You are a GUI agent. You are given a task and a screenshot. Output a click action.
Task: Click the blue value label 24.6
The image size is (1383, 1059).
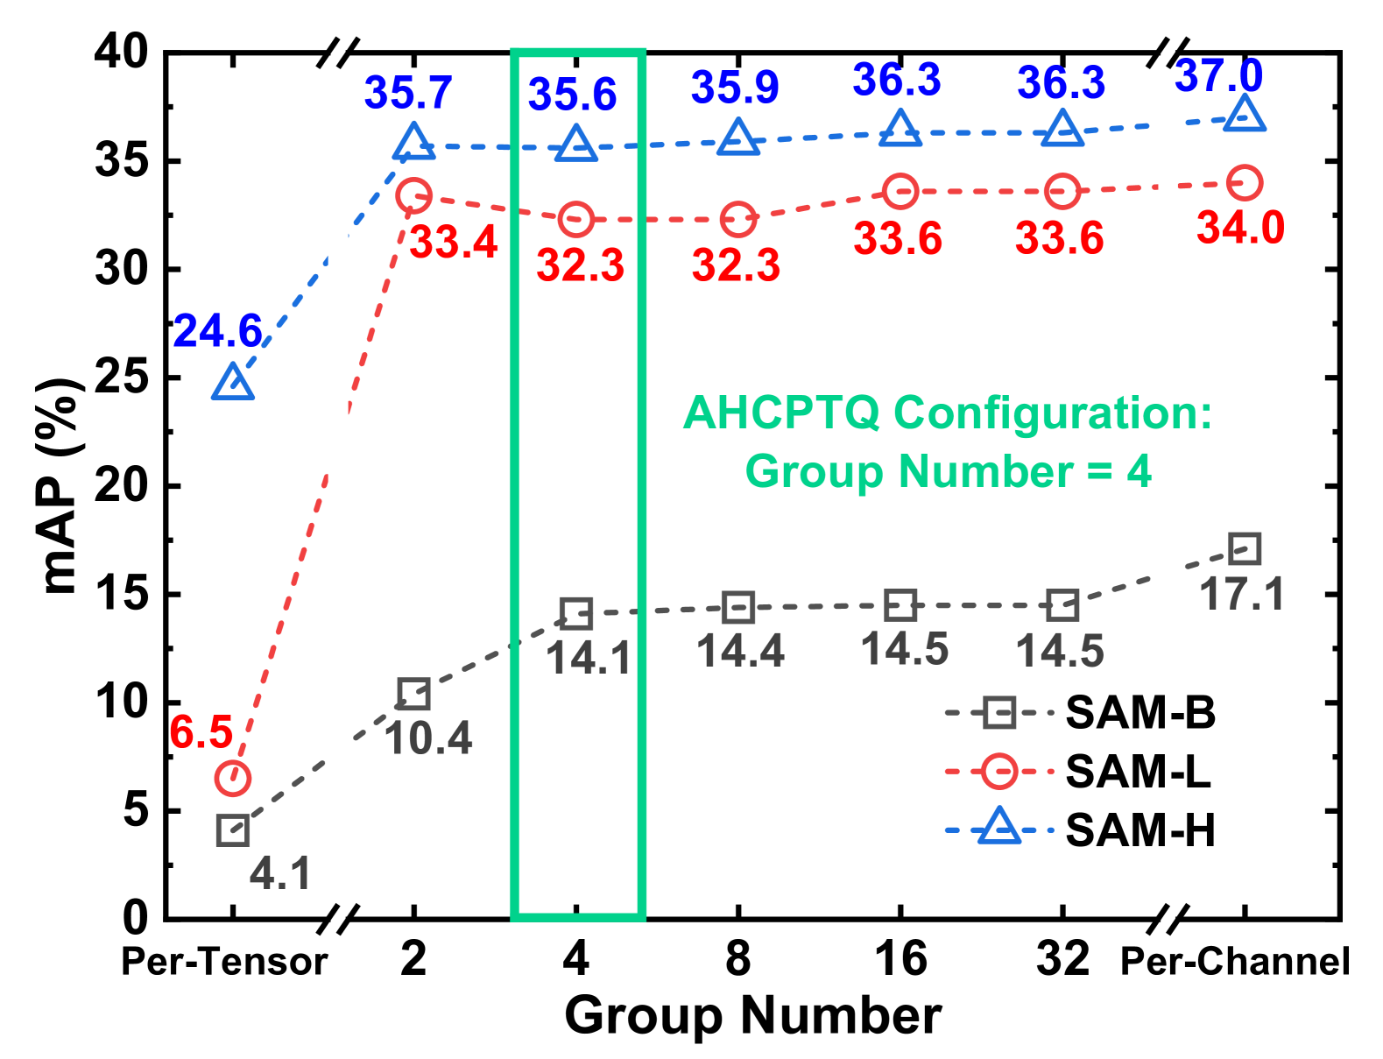coord(217,331)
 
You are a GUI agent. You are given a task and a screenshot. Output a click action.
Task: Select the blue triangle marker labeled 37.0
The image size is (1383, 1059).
coord(1244,115)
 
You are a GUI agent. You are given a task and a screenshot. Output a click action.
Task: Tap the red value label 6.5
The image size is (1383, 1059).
coord(201,732)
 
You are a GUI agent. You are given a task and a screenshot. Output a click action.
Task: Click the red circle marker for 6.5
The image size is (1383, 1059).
coord(233,778)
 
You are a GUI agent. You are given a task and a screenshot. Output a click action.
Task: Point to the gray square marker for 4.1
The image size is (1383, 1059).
coord(233,830)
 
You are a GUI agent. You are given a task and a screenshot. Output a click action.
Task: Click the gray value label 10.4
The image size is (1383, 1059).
coord(428,738)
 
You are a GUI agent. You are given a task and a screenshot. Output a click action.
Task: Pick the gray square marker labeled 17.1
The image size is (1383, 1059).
coord(1244,548)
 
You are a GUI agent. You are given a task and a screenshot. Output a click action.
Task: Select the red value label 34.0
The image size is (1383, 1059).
coord(1240,228)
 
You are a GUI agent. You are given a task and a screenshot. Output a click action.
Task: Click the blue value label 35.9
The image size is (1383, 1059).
coord(735,87)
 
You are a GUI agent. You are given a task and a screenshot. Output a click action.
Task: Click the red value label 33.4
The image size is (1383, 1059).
coord(454,242)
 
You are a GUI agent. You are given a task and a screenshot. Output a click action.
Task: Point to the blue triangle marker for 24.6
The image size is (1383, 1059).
coord(233,383)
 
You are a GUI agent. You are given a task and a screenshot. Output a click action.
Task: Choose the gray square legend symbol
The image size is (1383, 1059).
coord(999,713)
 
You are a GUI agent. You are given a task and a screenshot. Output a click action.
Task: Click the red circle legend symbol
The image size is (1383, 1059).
coord(999,772)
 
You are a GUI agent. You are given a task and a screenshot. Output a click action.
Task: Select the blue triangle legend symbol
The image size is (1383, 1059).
coord(999,827)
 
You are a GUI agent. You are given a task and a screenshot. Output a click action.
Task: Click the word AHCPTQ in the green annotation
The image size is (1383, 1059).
coord(781,413)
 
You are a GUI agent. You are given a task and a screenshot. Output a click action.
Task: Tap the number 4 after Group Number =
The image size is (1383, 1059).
coord(1139,471)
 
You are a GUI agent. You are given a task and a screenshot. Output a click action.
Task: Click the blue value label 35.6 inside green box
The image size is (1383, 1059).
coord(572,94)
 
